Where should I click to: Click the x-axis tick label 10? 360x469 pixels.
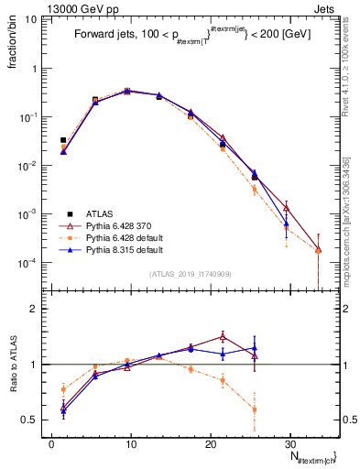click(x=131, y=442)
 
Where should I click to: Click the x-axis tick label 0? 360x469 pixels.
click(x=52, y=442)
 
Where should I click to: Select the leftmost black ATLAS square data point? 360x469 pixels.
click(x=63, y=140)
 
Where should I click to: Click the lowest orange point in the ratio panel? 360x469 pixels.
click(x=254, y=409)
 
